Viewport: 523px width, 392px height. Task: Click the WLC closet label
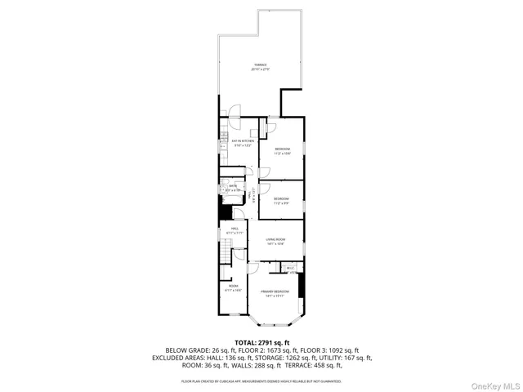290,267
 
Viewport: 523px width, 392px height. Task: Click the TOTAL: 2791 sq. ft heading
261,342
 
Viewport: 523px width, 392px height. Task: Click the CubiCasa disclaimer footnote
261,381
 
